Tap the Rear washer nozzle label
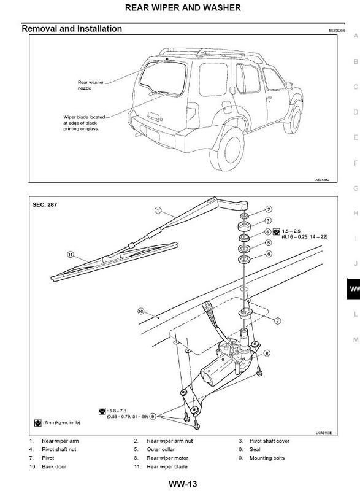click(x=93, y=83)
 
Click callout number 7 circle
click(x=277, y=320)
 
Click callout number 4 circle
click(x=267, y=231)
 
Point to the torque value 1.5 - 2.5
click(x=293, y=231)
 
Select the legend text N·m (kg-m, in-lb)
click(x=62, y=423)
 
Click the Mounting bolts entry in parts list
click(x=267, y=458)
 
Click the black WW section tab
click(x=353, y=288)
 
